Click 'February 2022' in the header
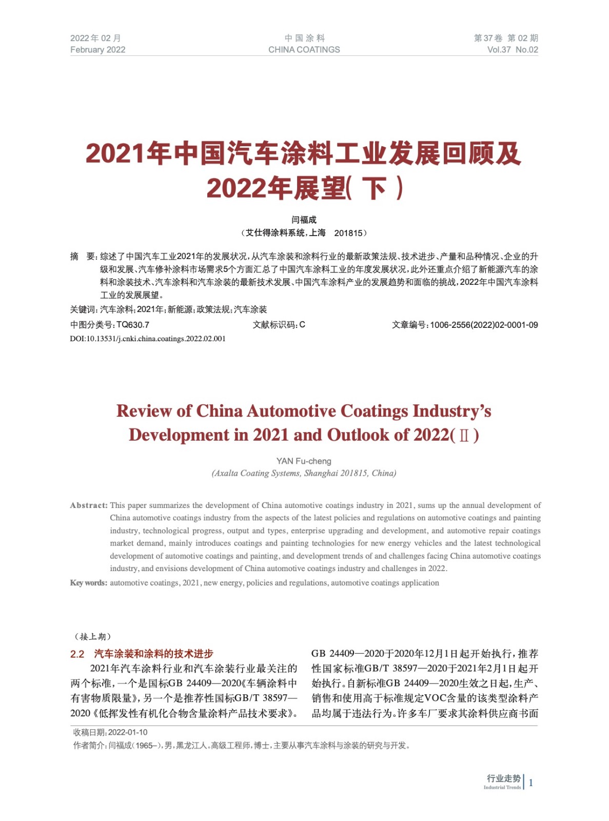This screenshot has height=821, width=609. point(97,50)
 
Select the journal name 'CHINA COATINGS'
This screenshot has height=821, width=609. point(304,50)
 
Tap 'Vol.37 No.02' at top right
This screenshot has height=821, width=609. point(512,50)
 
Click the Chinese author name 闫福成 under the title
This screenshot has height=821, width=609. point(304,220)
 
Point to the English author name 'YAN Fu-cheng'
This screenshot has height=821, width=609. point(304,461)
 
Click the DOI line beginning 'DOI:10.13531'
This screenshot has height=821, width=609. point(148,339)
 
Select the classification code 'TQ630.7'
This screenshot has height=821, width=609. point(133,325)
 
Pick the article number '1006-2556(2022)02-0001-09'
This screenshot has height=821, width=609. point(484,325)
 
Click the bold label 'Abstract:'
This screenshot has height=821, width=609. point(89,505)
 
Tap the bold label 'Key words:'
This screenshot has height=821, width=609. point(89,583)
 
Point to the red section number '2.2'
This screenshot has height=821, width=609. point(77,654)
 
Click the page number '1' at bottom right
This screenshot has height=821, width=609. point(531,783)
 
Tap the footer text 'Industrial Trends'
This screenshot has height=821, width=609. point(502,788)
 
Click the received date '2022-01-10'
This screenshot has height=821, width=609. point(128,732)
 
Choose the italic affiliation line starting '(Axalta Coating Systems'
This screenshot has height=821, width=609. point(304,473)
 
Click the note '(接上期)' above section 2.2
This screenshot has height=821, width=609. point(92,637)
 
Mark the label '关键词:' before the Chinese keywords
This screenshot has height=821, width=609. point(84,309)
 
